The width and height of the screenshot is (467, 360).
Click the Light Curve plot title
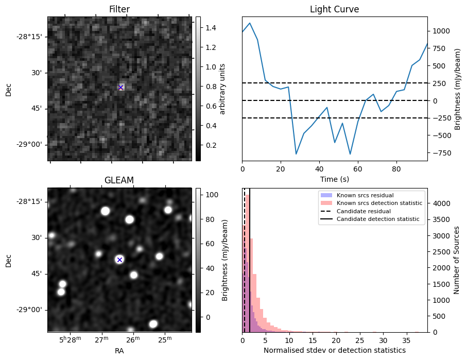tap(334, 9)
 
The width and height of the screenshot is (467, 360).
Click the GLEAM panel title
tap(119, 180)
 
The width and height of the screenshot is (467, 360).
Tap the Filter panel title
tap(119, 9)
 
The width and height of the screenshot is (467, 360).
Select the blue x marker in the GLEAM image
tap(119, 260)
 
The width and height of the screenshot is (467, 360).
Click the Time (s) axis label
tap(334, 179)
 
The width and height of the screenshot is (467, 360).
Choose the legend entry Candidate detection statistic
tap(377, 219)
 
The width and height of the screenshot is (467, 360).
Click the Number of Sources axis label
tap(457, 260)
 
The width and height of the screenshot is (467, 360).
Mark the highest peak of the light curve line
tap(250, 23)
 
